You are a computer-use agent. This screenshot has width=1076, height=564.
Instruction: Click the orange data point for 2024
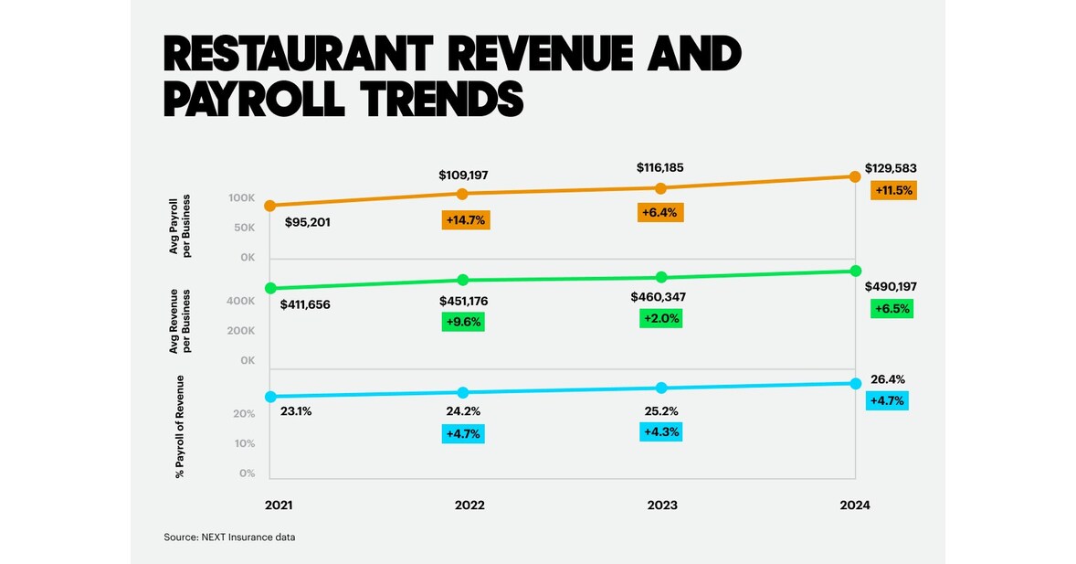(x=856, y=176)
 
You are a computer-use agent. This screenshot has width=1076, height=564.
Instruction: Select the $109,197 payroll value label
(x=464, y=174)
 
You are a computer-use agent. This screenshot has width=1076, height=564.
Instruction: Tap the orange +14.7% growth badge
(x=466, y=219)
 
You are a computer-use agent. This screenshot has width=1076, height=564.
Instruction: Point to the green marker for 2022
(x=463, y=280)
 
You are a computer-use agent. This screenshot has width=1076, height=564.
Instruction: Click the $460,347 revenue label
(x=658, y=297)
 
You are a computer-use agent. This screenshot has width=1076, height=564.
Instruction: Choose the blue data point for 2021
(x=270, y=397)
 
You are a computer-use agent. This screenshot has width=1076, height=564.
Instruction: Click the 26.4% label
(x=887, y=379)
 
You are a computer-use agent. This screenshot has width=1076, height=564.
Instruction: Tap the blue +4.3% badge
(x=661, y=431)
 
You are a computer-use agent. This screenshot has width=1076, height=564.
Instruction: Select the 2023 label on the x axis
(x=661, y=505)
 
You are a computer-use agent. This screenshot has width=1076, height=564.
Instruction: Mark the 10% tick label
(x=246, y=444)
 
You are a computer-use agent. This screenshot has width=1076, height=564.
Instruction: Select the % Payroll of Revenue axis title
(x=179, y=426)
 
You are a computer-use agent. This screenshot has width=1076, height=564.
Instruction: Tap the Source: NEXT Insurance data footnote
(x=229, y=537)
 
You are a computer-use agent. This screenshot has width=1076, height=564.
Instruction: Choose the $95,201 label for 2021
(x=307, y=222)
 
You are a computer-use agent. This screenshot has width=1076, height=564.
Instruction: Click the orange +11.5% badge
(x=892, y=191)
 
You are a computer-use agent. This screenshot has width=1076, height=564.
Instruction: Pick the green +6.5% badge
(x=892, y=309)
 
